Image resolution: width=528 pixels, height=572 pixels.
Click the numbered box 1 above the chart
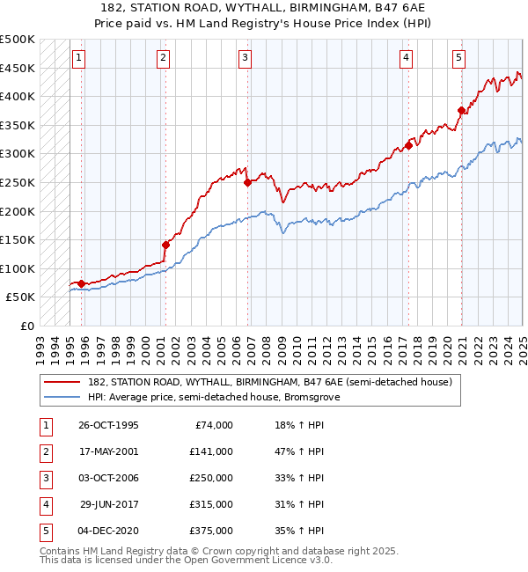[x=78, y=59]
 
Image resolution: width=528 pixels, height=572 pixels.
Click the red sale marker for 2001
[x=165, y=245]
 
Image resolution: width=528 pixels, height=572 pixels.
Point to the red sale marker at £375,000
[x=461, y=111]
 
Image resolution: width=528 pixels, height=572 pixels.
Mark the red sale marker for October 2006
[x=247, y=183]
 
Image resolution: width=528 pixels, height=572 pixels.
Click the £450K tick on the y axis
[x=18, y=68]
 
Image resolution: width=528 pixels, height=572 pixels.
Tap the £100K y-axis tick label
[x=18, y=268]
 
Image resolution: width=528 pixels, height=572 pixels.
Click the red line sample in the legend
[x=61, y=383]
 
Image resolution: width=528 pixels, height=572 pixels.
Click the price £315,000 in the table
[x=211, y=504]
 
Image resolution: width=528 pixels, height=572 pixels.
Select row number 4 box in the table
[x=44, y=504]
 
